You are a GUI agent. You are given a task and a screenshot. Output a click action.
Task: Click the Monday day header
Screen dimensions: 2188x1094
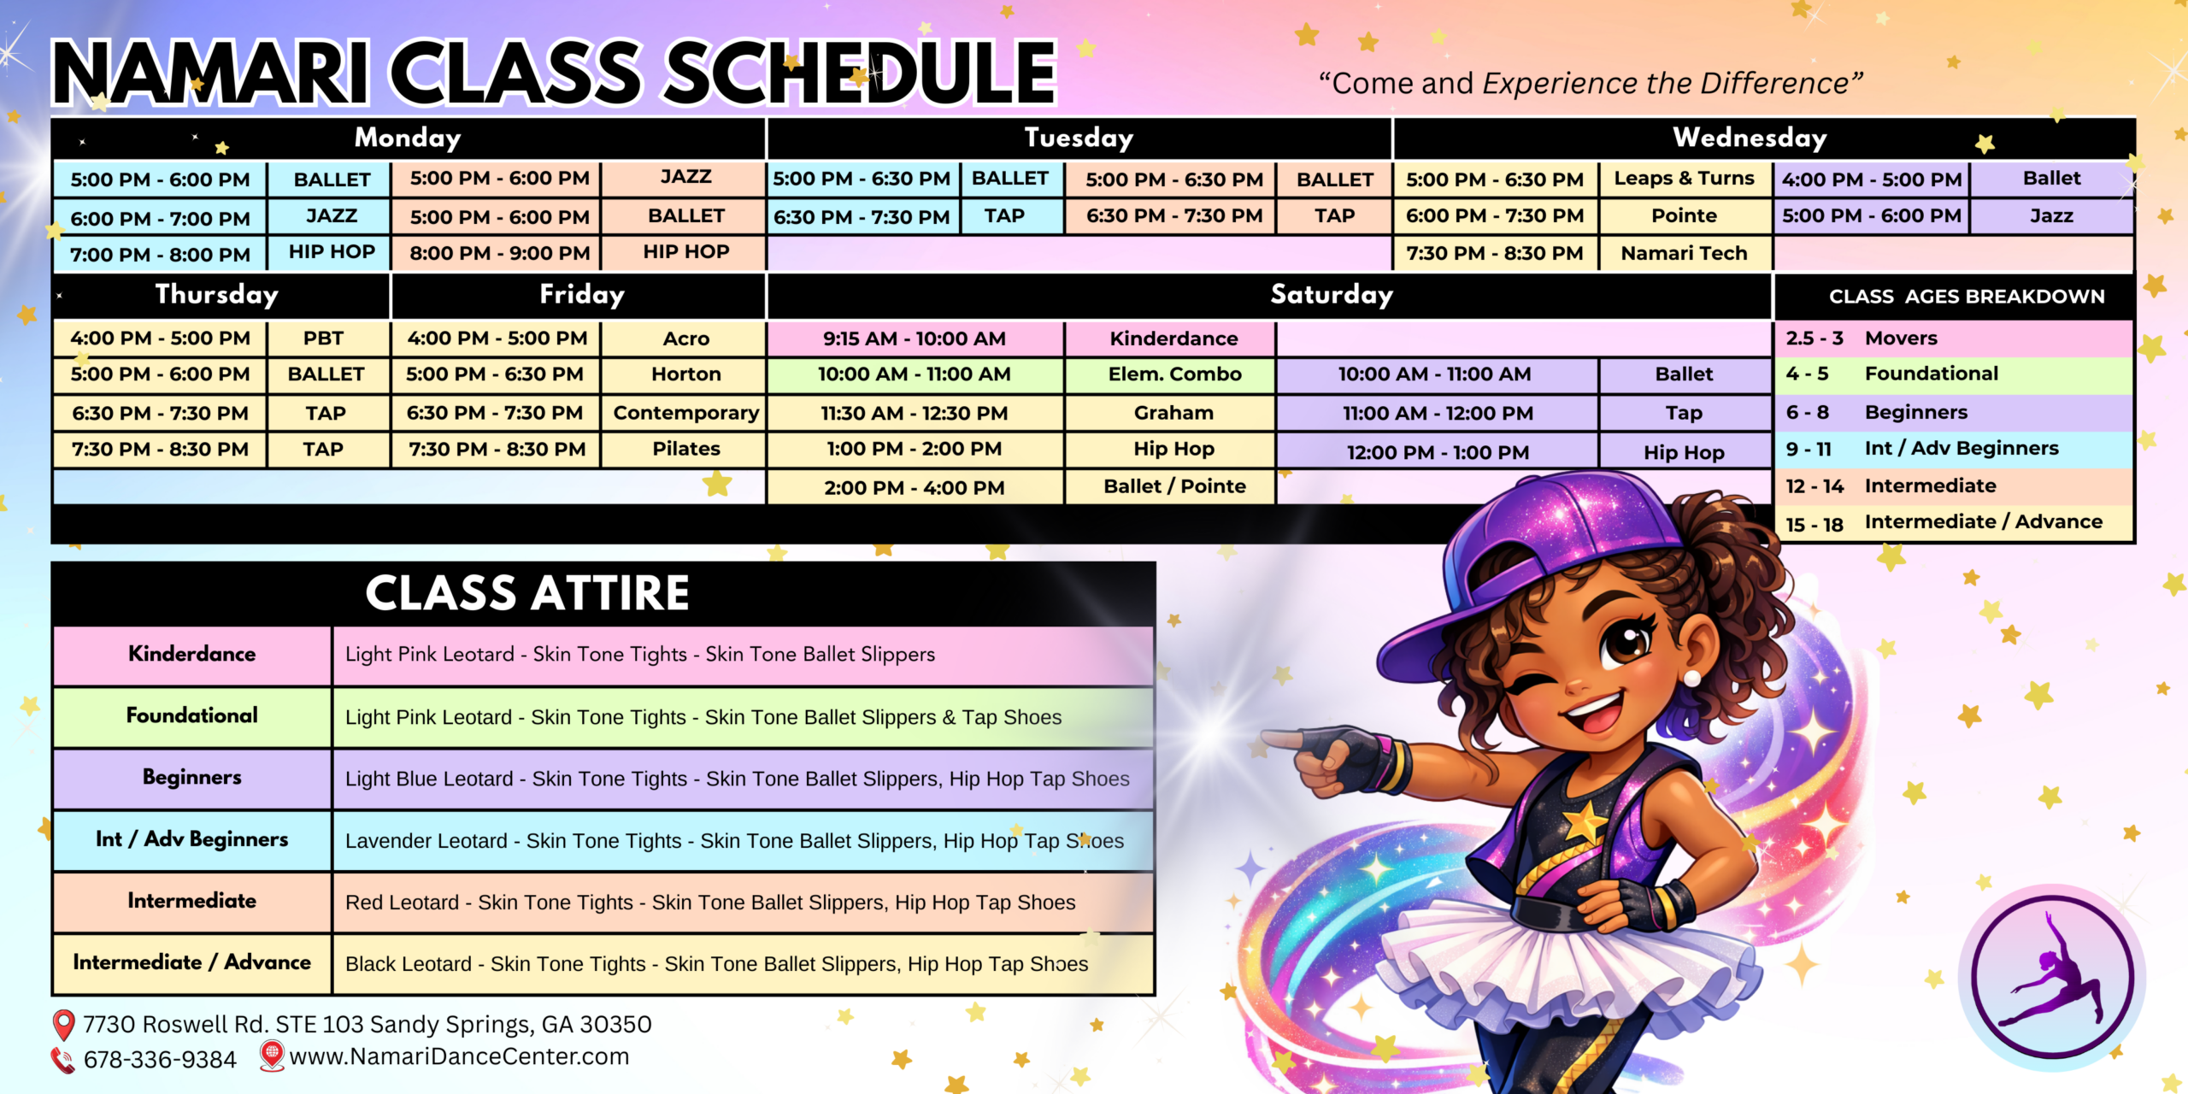coord(408,138)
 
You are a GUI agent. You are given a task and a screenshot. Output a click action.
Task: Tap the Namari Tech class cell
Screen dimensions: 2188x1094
coord(1684,253)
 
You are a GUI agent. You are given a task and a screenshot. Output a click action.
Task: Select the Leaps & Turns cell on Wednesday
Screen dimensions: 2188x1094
coord(1684,179)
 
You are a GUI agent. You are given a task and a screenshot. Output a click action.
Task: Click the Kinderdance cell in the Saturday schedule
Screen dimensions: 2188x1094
coord(1173,338)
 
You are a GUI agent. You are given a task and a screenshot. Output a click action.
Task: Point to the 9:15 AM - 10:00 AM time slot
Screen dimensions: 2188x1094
coord(915,338)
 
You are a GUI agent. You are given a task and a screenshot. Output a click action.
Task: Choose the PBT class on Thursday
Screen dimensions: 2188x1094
coord(323,338)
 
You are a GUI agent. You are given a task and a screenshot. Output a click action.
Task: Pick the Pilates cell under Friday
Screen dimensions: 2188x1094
coord(686,449)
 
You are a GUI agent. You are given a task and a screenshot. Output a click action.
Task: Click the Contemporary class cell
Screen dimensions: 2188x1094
coord(686,413)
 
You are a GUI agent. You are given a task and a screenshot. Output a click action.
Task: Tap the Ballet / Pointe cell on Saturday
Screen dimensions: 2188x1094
coord(1174,486)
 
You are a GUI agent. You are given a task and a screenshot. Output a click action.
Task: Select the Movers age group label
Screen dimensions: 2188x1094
coord(1901,338)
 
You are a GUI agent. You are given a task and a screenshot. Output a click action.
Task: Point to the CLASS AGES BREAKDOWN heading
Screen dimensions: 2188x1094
coord(1967,297)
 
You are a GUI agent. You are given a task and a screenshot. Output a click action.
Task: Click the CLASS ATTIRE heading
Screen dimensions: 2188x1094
coord(527,593)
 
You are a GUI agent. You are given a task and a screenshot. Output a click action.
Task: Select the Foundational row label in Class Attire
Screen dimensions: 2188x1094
coord(192,715)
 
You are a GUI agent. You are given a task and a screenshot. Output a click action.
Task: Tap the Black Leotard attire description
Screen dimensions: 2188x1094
coord(716,964)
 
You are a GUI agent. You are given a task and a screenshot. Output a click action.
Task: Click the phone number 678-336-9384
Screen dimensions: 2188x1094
coord(160,1060)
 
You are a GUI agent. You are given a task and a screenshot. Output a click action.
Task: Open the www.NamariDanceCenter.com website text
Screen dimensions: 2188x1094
coord(459,1057)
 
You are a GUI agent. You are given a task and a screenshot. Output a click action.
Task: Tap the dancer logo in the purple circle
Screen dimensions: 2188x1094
coord(2052,977)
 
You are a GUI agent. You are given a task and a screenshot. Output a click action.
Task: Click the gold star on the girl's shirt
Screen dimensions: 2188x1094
coord(1584,820)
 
